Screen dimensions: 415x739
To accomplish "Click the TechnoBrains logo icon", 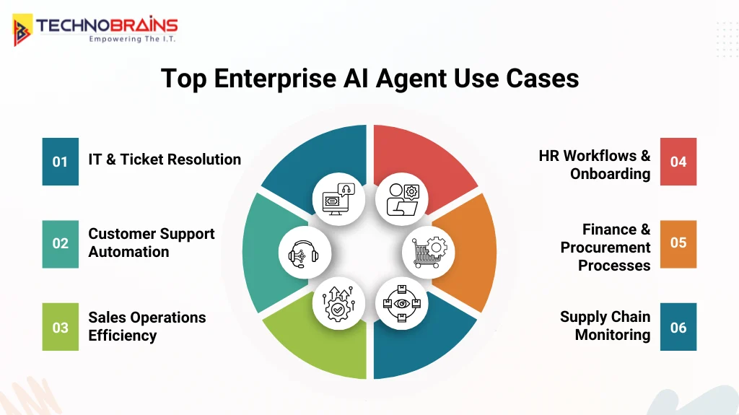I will click(x=22, y=30).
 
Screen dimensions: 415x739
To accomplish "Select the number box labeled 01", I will click(x=60, y=162).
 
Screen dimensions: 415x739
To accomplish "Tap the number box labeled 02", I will click(x=60, y=244).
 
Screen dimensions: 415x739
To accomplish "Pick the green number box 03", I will click(x=60, y=327).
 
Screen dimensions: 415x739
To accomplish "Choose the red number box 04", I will click(x=678, y=162).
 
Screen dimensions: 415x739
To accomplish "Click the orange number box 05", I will click(x=678, y=244).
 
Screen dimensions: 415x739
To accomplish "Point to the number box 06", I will click(x=678, y=327).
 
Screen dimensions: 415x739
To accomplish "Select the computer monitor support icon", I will click(x=338, y=197).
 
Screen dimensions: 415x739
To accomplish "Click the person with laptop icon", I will click(x=402, y=197).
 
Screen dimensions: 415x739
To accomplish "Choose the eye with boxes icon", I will click(x=402, y=304).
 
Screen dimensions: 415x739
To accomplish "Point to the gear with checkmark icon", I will click(x=338, y=304).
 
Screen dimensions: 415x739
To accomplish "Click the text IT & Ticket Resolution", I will click(x=165, y=160).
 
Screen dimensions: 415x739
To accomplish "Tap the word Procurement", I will click(x=605, y=248).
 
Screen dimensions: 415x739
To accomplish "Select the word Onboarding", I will click(x=610, y=174).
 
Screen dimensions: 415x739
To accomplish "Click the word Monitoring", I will click(x=612, y=335).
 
